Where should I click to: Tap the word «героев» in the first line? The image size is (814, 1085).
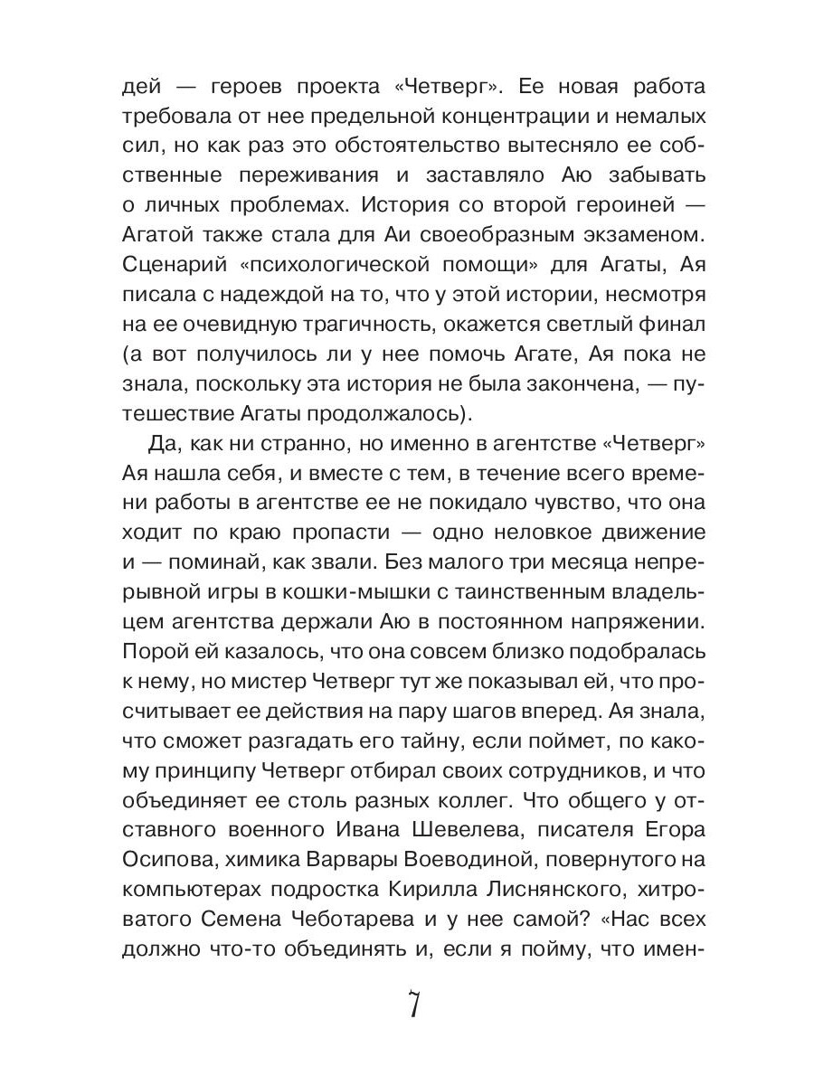click(x=248, y=88)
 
